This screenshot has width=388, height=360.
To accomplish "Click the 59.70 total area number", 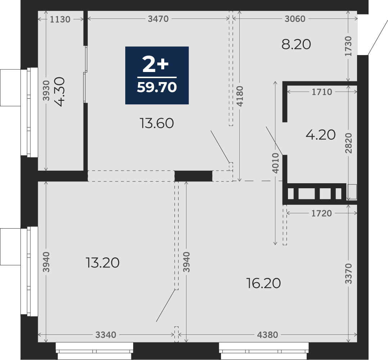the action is coord(157,87).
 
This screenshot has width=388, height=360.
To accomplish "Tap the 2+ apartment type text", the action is coord(155,64).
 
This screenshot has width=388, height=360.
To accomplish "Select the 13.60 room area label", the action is coord(157,123).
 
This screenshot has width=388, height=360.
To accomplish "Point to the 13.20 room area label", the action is coord(103,262).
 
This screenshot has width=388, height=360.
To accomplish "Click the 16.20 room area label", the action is coord(263,283).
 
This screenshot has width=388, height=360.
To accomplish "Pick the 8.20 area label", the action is coord(296,45).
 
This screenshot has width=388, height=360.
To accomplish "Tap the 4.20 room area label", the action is coord(320,135).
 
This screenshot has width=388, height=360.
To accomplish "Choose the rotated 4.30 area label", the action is coord(60,91).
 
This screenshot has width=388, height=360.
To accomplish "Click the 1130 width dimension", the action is coord(60,19).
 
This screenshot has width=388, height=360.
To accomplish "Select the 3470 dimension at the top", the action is coord(158,19).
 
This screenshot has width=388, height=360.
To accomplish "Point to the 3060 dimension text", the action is coord(295,19).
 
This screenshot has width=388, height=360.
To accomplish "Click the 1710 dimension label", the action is coord(322,92).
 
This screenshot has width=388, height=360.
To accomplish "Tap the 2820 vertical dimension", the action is coord(348,143).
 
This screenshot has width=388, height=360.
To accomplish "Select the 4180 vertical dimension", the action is coord(240,96).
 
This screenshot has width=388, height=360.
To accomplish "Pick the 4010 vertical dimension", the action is coord(275,163).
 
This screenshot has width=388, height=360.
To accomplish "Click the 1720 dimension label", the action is coord(321,213).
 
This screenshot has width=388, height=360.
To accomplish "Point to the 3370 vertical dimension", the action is coord(348,274).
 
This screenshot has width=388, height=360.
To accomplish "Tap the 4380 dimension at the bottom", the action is coord(267,335).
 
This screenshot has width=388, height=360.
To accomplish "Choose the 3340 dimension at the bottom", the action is coord(106,335).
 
